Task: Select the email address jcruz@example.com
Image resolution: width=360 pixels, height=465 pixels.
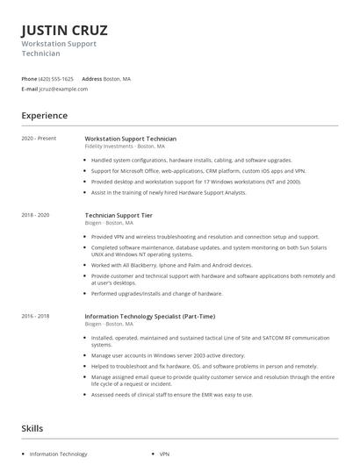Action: coord(63,89)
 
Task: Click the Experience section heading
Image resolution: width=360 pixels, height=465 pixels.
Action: coord(44,116)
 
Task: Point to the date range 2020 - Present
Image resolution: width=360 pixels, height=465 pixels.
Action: coord(39,139)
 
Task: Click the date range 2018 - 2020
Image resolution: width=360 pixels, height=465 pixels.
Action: coord(36,215)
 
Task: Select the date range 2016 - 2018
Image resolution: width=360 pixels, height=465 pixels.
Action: coord(36,316)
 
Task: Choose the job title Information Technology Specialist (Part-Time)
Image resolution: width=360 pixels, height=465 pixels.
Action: coord(149,316)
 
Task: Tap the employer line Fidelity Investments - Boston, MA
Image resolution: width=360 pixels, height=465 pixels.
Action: coord(124,147)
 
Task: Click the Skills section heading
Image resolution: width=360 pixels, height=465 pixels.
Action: coord(33,428)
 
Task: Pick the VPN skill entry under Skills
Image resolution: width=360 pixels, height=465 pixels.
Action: coord(164,454)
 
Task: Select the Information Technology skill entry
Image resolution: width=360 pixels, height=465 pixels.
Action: coord(58,454)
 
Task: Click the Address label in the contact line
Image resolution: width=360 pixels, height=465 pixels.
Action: coord(91,79)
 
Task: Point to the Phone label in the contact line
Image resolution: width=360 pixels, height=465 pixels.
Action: coord(29,79)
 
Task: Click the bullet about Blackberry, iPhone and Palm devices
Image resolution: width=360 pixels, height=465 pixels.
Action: coord(171,265)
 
